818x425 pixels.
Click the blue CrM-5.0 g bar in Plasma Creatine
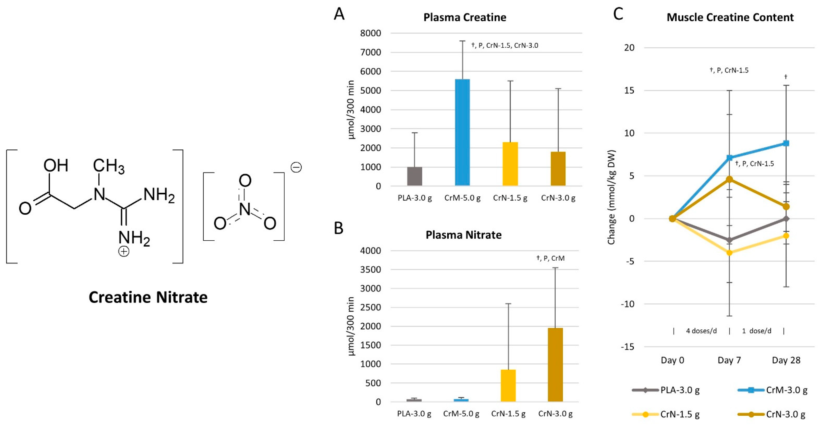click(x=462, y=132)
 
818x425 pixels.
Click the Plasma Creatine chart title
click(x=465, y=17)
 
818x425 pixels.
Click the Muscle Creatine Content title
click(x=730, y=17)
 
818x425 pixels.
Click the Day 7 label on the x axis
click(x=729, y=360)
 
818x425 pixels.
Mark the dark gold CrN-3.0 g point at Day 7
click(x=729, y=179)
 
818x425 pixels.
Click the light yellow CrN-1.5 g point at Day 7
click(x=729, y=253)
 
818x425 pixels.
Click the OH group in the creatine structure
click(x=56, y=165)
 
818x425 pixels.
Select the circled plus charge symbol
click(x=124, y=252)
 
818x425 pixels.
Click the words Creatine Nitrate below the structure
click(x=148, y=297)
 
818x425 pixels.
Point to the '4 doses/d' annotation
click(x=701, y=331)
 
